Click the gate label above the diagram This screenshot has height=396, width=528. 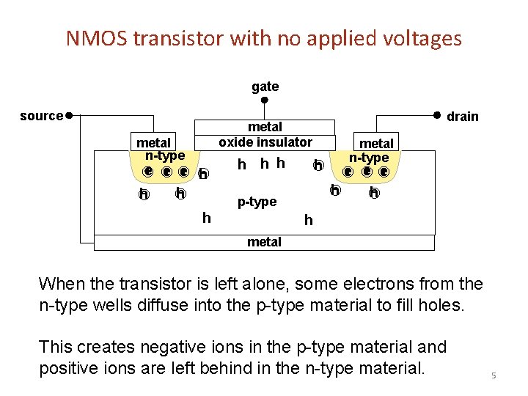click(265, 87)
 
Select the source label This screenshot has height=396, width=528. click(41, 116)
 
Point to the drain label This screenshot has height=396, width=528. click(462, 116)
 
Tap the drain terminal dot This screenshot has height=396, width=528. click(436, 114)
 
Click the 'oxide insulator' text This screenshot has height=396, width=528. click(265, 142)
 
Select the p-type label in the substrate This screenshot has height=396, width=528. click(257, 202)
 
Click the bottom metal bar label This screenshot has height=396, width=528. click(264, 242)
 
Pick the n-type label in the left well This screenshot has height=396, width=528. click(164, 155)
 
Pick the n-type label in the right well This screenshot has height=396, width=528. click(369, 158)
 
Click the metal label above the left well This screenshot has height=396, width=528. click(153, 142)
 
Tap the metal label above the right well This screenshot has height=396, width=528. click(376, 143)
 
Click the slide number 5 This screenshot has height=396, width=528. click(494, 376)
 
